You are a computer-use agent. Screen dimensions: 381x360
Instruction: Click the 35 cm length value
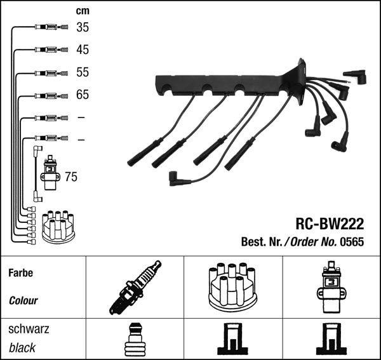[83, 27]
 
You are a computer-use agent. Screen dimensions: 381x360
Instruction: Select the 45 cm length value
[83, 50]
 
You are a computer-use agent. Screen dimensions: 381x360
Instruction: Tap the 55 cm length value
[83, 72]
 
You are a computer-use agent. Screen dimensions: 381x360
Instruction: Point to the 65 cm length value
[83, 95]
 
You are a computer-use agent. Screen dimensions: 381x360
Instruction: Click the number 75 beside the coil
[71, 177]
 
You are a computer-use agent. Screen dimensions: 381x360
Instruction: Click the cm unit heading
[83, 11]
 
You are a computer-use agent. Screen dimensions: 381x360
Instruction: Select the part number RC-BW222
[330, 223]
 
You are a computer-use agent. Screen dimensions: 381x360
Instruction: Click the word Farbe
[21, 273]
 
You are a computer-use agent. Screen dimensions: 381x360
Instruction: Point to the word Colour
[23, 301]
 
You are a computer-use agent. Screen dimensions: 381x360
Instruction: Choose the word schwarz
[29, 329]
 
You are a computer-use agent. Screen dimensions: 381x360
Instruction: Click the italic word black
[22, 348]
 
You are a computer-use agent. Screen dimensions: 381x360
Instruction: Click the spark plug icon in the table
[135, 288]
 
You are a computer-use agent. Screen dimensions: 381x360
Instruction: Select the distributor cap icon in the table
[233, 288]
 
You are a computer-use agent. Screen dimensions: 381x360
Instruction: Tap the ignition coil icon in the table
[331, 287]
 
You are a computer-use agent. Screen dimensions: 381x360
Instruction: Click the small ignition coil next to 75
[50, 173]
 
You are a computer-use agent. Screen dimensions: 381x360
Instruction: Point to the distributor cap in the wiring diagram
[58, 227]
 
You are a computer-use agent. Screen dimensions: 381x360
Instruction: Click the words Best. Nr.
[262, 242]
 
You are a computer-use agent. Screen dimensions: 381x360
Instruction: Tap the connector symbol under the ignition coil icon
[331, 339]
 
